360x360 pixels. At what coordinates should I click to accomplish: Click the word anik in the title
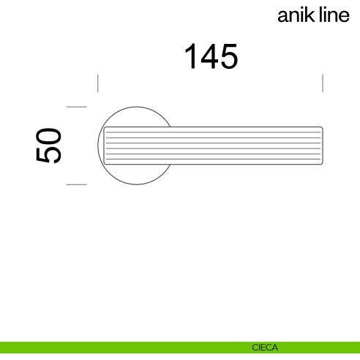[296, 17]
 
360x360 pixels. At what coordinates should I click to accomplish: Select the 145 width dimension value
[211, 57]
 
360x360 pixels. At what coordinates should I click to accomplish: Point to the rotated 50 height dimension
[48, 145]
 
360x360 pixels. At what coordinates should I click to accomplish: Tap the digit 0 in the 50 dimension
[48, 135]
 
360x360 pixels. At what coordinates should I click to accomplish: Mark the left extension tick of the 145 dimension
[98, 82]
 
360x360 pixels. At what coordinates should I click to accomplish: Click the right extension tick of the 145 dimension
[323, 82]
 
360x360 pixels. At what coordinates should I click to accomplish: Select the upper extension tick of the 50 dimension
[77, 107]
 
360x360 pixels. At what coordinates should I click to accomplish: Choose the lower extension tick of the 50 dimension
[77, 184]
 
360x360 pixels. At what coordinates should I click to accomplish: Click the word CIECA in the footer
[264, 348]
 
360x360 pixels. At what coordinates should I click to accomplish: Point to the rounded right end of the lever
[321, 145]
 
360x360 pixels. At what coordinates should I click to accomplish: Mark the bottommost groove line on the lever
[212, 159]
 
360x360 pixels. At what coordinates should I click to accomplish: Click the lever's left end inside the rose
[105, 145]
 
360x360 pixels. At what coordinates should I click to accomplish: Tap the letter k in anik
[310, 16]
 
